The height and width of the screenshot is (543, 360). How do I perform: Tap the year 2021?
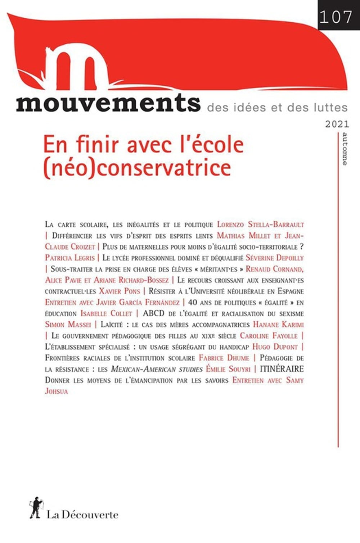click(x=337, y=125)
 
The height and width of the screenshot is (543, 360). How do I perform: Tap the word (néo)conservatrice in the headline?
click(x=137, y=167)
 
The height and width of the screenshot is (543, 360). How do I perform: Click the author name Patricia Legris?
click(x=70, y=258)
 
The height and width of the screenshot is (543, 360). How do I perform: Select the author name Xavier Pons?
click(x=119, y=291)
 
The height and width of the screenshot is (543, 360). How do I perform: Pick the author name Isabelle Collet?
click(x=106, y=313)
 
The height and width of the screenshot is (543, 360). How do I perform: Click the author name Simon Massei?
click(x=68, y=325)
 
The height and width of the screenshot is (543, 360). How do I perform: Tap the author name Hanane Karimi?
click(x=278, y=325)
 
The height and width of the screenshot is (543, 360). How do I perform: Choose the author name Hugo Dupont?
click(x=275, y=347)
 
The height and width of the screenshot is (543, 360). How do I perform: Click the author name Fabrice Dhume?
click(x=224, y=358)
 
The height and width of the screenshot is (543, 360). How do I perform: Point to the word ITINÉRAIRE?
click(x=282, y=369)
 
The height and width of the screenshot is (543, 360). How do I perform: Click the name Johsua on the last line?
click(x=57, y=391)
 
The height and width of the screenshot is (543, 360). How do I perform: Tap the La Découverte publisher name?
click(x=82, y=515)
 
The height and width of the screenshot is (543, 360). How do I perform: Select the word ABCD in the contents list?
click(x=153, y=313)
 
